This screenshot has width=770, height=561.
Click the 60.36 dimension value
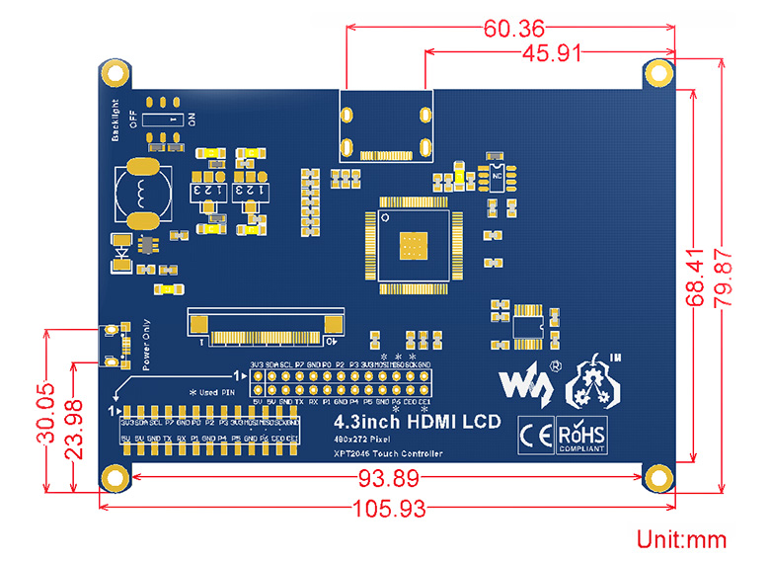[x=512, y=28]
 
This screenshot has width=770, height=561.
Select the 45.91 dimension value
[x=550, y=54]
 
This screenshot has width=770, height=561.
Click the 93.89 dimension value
[x=388, y=479]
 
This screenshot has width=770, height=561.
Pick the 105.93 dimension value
[x=388, y=509]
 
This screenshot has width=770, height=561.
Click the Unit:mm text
[x=681, y=539]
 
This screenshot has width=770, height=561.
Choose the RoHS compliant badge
[x=582, y=435]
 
